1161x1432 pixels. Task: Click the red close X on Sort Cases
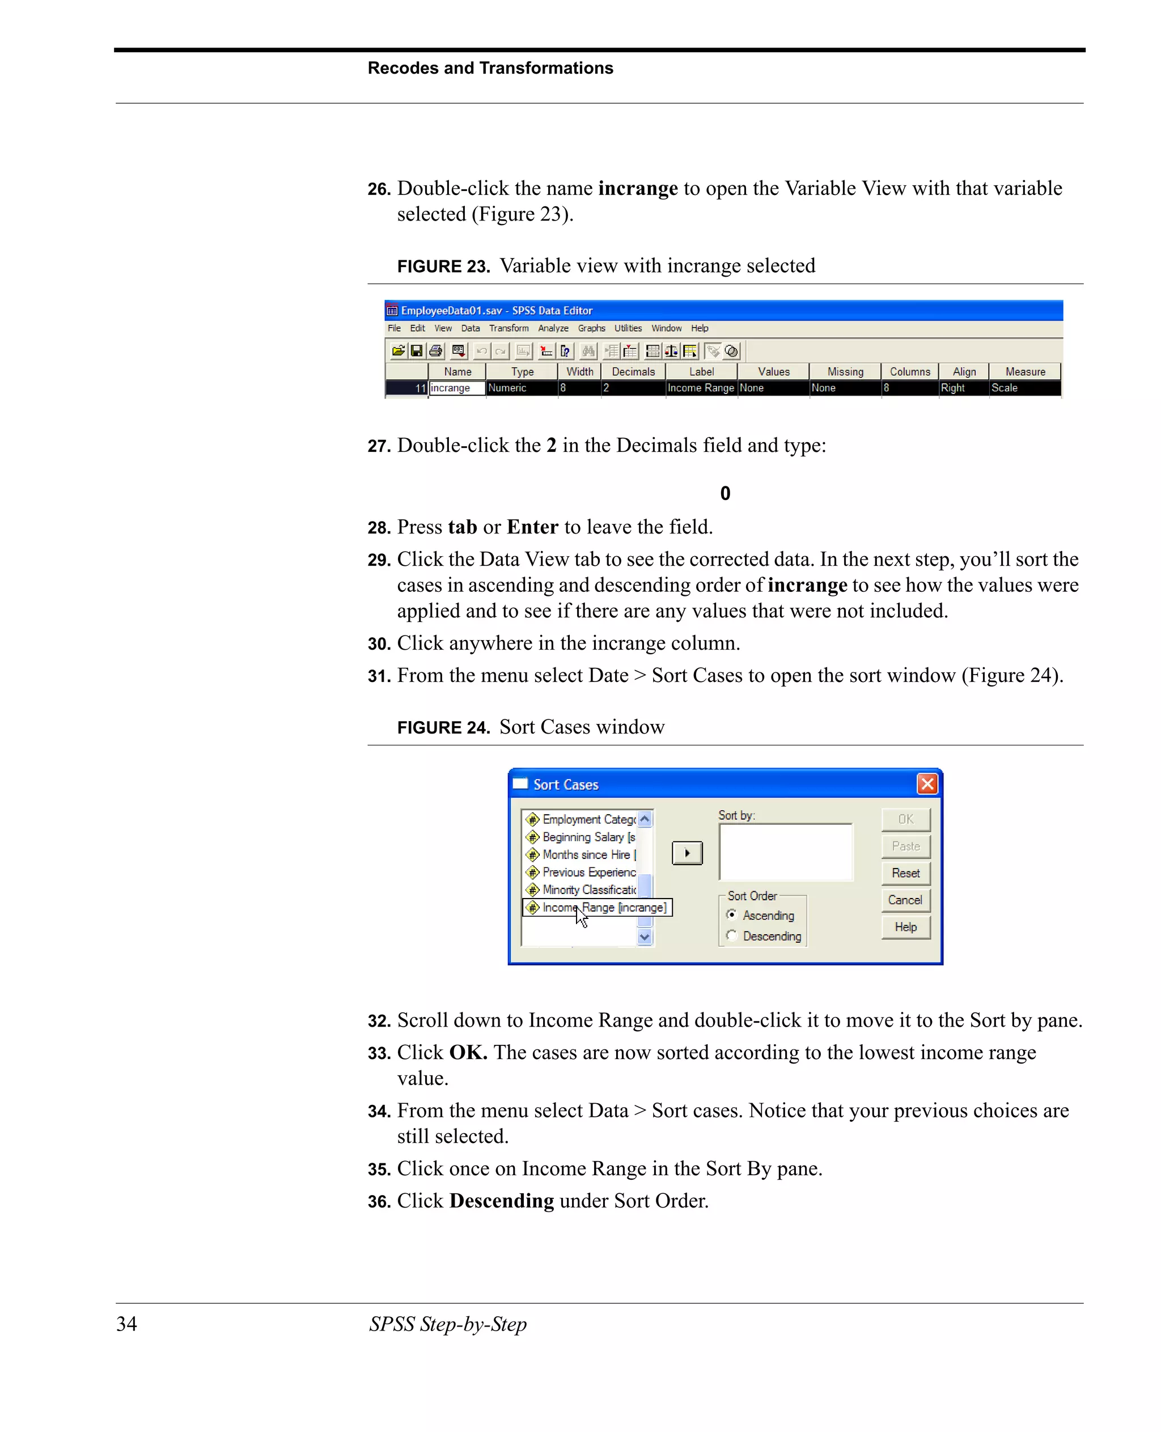(x=927, y=784)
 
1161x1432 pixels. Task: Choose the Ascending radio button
(x=732, y=914)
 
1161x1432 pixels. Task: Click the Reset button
(x=905, y=873)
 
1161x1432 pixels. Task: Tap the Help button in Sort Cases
(x=905, y=927)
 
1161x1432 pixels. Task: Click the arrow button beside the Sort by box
(x=687, y=853)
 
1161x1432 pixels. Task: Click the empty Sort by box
(x=786, y=852)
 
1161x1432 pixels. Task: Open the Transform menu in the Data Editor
(x=509, y=328)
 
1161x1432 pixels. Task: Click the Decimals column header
(x=633, y=372)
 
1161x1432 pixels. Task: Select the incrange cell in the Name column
(x=457, y=388)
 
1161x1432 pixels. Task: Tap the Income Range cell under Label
(x=701, y=388)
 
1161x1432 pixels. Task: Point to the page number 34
(x=126, y=1324)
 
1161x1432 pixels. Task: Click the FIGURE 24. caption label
(x=443, y=728)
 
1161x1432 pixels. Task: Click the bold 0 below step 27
(x=725, y=494)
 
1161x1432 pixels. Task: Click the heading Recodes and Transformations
(x=490, y=68)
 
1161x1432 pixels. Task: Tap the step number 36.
(x=379, y=1202)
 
